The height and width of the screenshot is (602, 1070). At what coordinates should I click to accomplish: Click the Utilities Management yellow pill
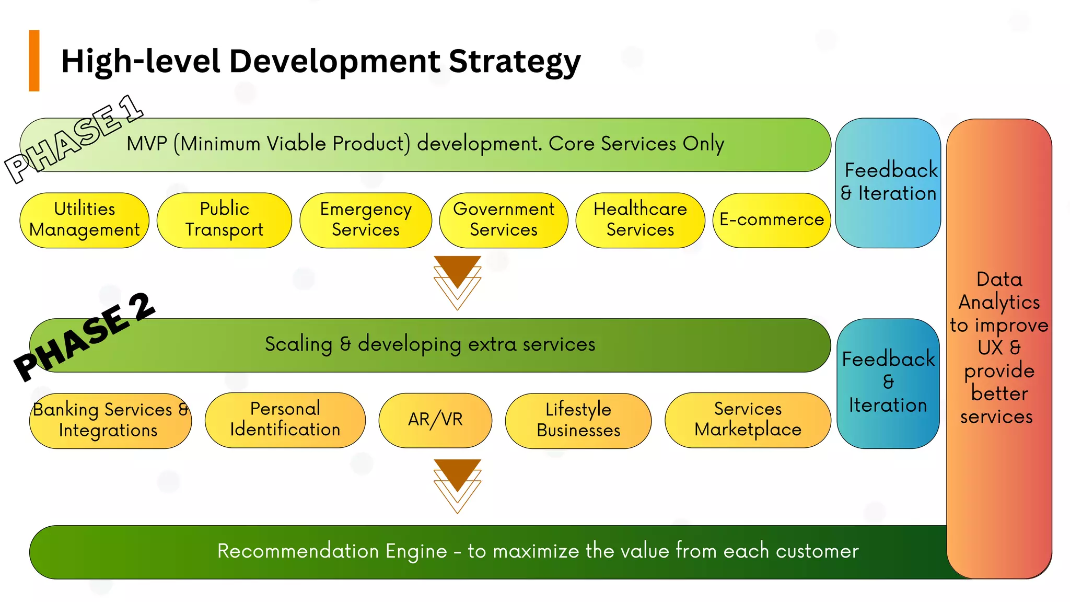point(84,220)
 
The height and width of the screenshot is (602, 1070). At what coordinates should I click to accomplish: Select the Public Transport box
point(224,220)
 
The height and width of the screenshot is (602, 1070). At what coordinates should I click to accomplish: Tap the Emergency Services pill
point(366,220)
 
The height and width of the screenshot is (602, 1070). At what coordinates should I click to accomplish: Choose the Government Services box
point(504,220)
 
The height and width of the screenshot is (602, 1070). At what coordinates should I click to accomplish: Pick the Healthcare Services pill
point(640,220)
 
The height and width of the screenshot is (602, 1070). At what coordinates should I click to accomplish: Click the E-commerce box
point(771,220)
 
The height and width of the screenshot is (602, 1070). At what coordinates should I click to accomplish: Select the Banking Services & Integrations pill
point(110,421)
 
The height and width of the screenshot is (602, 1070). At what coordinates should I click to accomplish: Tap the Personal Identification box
point(285,420)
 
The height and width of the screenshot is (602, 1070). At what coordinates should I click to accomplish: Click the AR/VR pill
point(435,420)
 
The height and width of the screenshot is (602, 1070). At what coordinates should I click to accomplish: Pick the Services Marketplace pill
point(748,420)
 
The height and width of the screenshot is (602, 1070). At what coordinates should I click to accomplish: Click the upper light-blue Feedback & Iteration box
point(888,182)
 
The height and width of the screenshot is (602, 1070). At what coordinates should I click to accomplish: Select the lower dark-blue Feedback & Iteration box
point(888,383)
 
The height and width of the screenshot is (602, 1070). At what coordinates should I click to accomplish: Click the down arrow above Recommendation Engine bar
point(457,484)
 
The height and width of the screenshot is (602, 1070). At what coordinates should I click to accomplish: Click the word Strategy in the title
point(514,62)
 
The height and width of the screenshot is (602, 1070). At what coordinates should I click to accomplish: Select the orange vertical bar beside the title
point(34,61)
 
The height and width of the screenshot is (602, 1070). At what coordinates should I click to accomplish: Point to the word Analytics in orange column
point(999,302)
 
